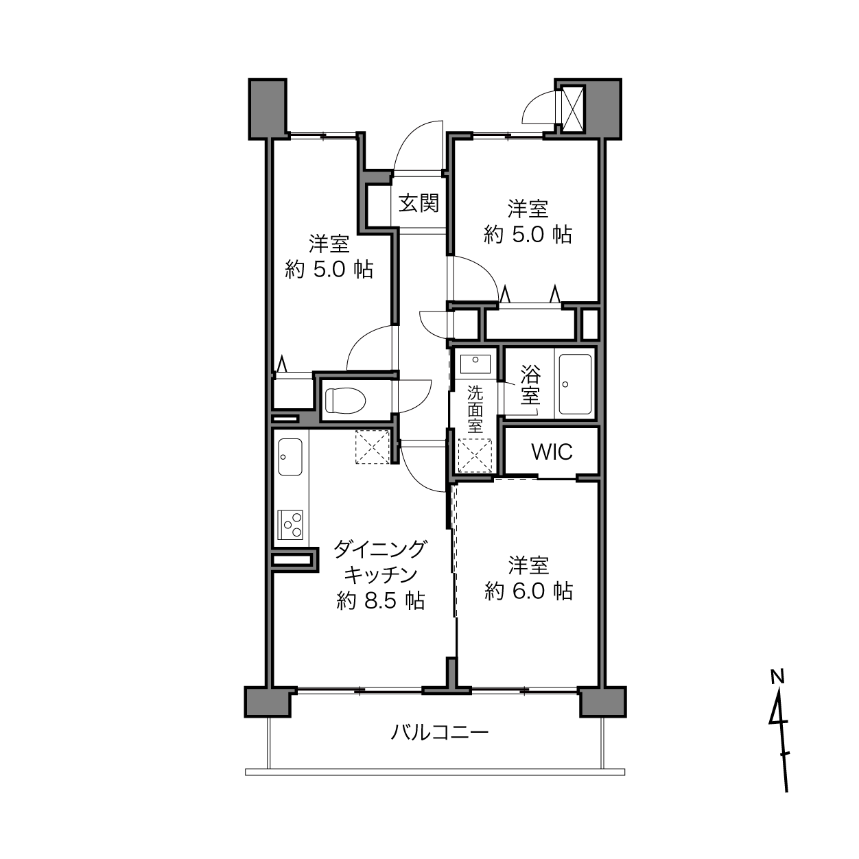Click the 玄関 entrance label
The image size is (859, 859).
pos(418,203)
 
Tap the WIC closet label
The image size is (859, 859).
pos(552,452)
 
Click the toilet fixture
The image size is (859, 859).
pos(345,400)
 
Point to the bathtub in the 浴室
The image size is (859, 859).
pos(575,384)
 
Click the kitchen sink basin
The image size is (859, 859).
pos(290,457)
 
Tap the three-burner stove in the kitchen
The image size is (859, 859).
pos(290,525)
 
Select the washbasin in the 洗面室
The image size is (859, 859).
pos(475,364)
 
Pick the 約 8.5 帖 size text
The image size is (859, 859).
pos(380,601)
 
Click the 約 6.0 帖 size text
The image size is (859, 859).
pos(528,591)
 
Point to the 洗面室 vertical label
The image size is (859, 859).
pos(475,410)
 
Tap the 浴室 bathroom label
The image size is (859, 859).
pos(530,385)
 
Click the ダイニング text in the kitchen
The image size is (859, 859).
pos(380,549)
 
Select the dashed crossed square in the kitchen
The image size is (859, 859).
pos(373,447)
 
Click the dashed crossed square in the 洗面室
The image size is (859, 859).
pos(475,456)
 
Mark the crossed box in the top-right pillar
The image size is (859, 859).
pos(572,109)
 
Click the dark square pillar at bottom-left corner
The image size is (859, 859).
pos(268,702)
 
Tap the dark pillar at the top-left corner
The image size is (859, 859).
pos(268,109)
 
